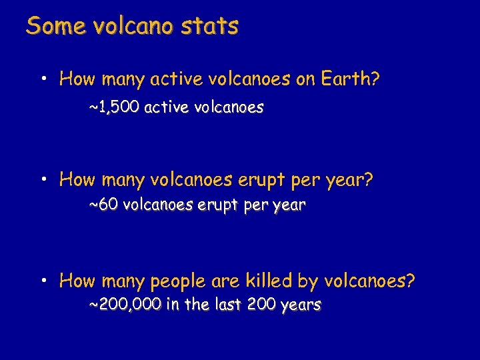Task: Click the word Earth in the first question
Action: coord(348,80)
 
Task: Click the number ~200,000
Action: coord(125,305)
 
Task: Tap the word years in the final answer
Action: coord(301,306)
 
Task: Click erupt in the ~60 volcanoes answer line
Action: coord(219,206)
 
